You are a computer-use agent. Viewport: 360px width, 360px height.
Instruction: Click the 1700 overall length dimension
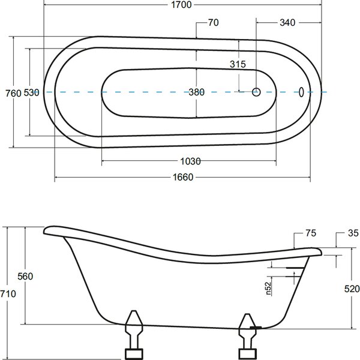pyautogui.click(x=181, y=5)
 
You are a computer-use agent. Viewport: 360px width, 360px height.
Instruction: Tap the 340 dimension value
pyautogui.click(x=287, y=23)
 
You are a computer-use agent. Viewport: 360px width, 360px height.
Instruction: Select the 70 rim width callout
pyautogui.click(x=213, y=23)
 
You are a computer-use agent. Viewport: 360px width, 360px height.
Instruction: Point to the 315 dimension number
pyautogui.click(x=238, y=64)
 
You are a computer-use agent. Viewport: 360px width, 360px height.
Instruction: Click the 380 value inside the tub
pyautogui.click(x=197, y=92)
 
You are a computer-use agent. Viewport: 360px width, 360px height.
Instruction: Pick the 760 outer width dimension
pyautogui.click(x=13, y=94)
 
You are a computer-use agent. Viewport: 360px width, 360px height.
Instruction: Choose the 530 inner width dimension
pyautogui.click(x=31, y=92)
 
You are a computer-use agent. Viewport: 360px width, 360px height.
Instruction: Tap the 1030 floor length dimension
pyautogui.click(x=190, y=161)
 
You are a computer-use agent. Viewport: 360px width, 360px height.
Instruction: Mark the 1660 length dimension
pyautogui.click(x=183, y=177)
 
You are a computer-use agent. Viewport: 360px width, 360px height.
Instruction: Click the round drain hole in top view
pyautogui.click(x=256, y=92)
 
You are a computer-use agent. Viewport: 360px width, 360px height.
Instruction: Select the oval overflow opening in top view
pyautogui.click(x=301, y=92)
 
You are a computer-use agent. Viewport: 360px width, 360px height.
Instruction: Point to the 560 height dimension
pyautogui.click(x=25, y=276)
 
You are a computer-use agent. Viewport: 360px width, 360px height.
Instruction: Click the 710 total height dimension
pyautogui.click(x=8, y=293)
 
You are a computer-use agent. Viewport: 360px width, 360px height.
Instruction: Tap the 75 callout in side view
pyautogui.click(x=311, y=233)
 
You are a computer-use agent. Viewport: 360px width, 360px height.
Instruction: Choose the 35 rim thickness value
pyautogui.click(x=353, y=233)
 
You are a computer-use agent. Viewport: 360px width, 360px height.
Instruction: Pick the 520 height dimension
pyautogui.click(x=352, y=289)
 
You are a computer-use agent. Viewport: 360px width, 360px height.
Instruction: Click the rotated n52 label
pyautogui.click(x=268, y=288)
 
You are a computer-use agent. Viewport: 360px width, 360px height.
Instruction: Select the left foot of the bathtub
pyautogui.click(x=134, y=335)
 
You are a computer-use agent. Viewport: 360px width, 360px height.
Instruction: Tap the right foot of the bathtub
pyautogui.click(x=247, y=337)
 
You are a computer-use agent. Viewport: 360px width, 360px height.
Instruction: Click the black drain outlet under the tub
pyautogui.click(x=256, y=328)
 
